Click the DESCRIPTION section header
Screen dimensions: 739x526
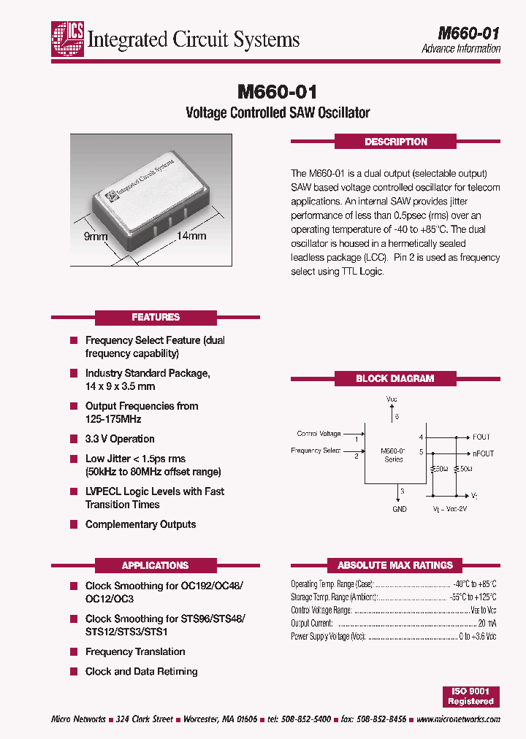point(395,142)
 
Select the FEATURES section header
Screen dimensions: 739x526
point(156,317)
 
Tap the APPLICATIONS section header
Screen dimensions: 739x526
point(156,565)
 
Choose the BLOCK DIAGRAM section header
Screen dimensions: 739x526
point(395,378)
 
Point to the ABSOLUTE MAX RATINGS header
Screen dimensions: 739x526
point(395,565)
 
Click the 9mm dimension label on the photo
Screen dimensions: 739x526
point(96,237)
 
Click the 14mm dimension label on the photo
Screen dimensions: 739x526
point(191,236)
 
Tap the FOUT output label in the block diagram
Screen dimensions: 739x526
point(481,437)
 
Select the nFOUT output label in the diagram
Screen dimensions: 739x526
point(484,453)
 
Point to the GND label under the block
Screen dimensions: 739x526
point(400,509)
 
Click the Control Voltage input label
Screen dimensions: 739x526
point(319,434)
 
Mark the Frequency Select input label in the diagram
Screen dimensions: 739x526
point(316,451)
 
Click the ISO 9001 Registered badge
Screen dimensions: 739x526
point(470,696)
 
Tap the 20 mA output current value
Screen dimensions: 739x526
point(487,623)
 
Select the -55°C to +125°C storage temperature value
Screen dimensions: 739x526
point(472,597)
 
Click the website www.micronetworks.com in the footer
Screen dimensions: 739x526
point(458,719)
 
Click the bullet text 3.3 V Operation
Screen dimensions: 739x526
point(120,439)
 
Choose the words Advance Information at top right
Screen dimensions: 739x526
point(461,49)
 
